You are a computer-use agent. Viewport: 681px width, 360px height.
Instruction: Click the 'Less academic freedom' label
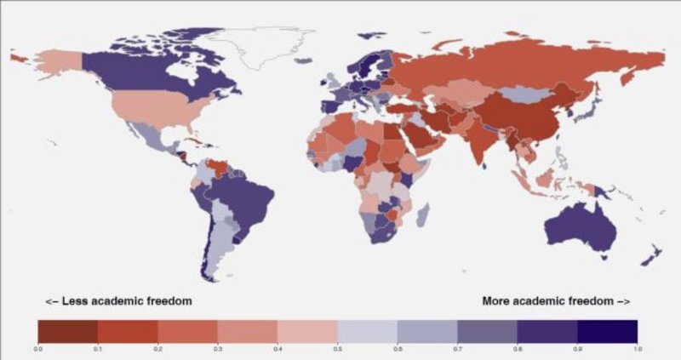pyautogui.click(x=118, y=300)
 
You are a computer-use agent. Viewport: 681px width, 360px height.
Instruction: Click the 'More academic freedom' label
pyautogui.click(x=556, y=300)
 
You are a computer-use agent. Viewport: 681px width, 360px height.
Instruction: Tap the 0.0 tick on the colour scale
pyautogui.click(x=38, y=347)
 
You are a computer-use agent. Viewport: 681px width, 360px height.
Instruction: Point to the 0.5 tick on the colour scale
pyautogui.click(x=338, y=347)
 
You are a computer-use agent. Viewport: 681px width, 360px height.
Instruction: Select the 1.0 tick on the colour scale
pyautogui.click(x=637, y=347)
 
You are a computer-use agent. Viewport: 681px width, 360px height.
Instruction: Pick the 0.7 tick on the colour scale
pyautogui.click(x=458, y=347)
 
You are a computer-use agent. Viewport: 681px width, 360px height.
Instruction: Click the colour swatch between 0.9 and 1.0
pyautogui.click(x=607, y=330)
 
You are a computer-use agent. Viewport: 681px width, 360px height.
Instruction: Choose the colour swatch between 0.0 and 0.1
pyautogui.click(x=68, y=330)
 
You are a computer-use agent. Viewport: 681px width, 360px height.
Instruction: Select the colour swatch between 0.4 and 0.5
pyautogui.click(x=307, y=330)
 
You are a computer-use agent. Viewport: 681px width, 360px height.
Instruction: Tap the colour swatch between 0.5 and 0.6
pyautogui.click(x=368, y=330)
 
